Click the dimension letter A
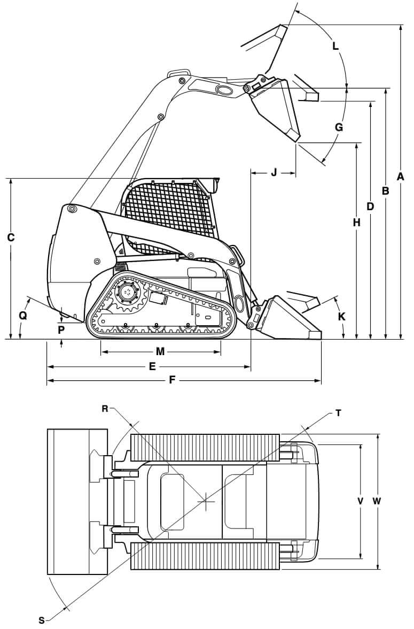[400, 176]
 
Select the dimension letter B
[385, 190]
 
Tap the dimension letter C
[10, 237]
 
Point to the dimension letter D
[370, 206]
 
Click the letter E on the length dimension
[152, 367]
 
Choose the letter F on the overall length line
[172, 380]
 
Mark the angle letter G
[339, 127]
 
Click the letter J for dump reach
[274, 172]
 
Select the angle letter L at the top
[335, 46]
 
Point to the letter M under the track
[160, 351]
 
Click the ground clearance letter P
[61, 329]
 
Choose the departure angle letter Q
[22, 316]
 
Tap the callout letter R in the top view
[105, 409]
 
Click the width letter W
[377, 501]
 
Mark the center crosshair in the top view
[206, 501]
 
